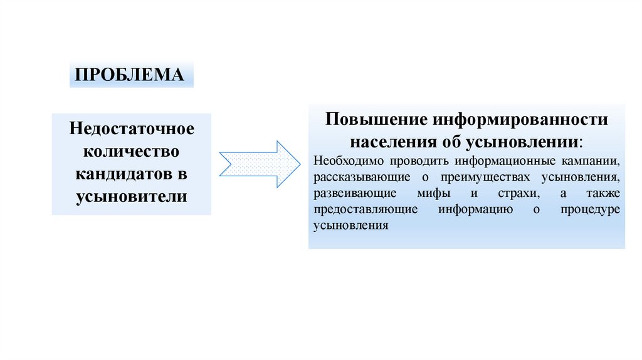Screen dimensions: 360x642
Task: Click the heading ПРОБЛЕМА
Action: click(x=130, y=75)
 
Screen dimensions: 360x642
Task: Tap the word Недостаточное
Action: click(x=132, y=129)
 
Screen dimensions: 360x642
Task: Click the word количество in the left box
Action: click(x=132, y=151)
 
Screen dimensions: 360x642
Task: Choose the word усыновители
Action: click(x=132, y=196)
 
